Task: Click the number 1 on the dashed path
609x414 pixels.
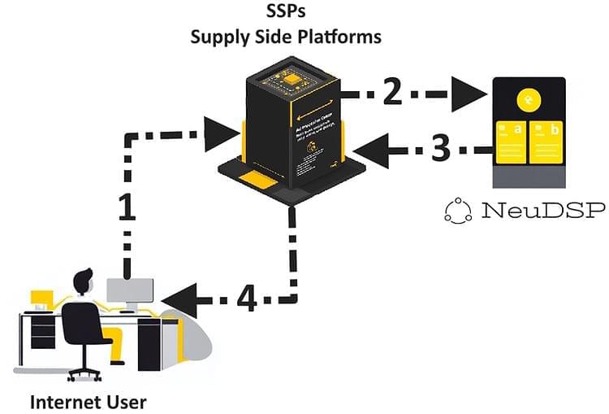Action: point(127,207)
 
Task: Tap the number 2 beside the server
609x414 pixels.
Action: point(391,90)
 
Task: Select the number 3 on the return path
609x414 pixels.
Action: point(439,148)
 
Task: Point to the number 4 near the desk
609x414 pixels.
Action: point(248,299)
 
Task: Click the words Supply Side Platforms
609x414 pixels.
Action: point(285,37)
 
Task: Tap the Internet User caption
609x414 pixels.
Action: point(88,401)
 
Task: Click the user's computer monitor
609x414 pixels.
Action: point(130,291)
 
